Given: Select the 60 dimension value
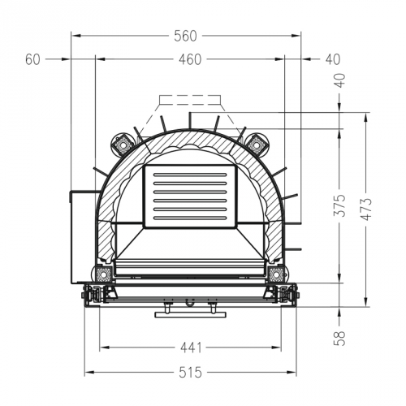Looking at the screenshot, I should coord(33,59).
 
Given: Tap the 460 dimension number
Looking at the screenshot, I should coord(190,59).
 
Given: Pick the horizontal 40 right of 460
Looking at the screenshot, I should coord(334,59).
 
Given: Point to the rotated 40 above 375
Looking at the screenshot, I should coord(339,80).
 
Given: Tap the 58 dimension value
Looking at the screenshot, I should coord(339,335).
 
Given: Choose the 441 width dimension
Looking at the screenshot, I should coord(190,348).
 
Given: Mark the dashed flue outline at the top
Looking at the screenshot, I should coord(190,110).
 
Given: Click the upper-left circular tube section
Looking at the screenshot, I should coord(123,144).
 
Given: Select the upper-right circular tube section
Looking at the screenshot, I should coord(257,144).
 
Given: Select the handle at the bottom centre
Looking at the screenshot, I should coord(190,310).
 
